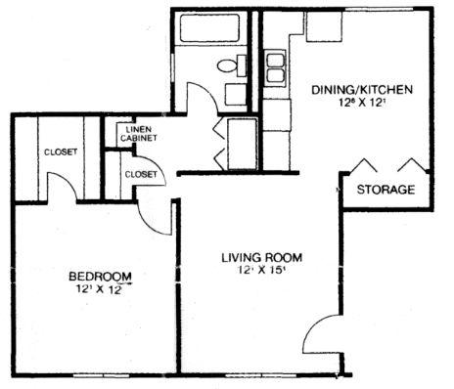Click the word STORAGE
[385, 189]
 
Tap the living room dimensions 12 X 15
[258, 273]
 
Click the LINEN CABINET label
[137, 134]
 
